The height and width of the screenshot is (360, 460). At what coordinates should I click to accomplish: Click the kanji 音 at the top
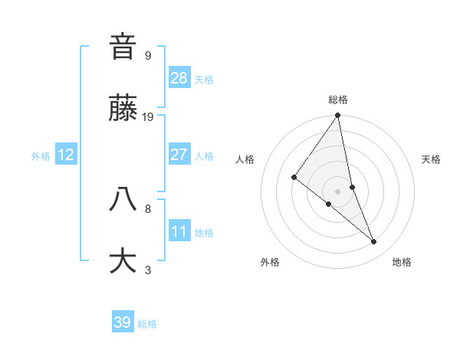tap(123, 47)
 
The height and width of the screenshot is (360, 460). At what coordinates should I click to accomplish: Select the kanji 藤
tap(123, 110)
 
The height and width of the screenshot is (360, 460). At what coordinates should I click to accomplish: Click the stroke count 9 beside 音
tap(148, 55)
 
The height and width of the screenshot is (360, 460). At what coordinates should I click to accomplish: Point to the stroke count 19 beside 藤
tap(148, 117)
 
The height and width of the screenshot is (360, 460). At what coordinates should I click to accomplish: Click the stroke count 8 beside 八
tap(148, 208)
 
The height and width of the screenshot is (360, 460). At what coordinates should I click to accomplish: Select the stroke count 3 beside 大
tap(148, 270)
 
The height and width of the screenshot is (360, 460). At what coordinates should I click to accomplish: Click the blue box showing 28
tap(179, 77)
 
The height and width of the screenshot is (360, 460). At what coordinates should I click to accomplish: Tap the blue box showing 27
tap(179, 155)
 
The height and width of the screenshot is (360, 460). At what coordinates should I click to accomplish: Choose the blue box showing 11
tap(179, 231)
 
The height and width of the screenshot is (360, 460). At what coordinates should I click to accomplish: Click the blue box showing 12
tap(66, 155)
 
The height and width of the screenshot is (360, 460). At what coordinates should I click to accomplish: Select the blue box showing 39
tap(123, 322)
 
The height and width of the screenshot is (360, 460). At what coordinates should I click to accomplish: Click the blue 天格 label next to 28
tap(204, 80)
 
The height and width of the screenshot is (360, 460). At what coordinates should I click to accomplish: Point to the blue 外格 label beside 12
tap(41, 156)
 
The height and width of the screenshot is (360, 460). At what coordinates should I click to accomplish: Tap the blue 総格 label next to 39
tap(147, 324)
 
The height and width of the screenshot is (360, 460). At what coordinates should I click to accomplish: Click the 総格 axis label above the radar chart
tap(338, 100)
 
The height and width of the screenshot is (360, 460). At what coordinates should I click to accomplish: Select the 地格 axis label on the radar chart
tap(402, 262)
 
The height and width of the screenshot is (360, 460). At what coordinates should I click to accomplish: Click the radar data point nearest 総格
tap(338, 116)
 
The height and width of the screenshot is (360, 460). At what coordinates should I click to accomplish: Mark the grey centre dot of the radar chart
tap(338, 191)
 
